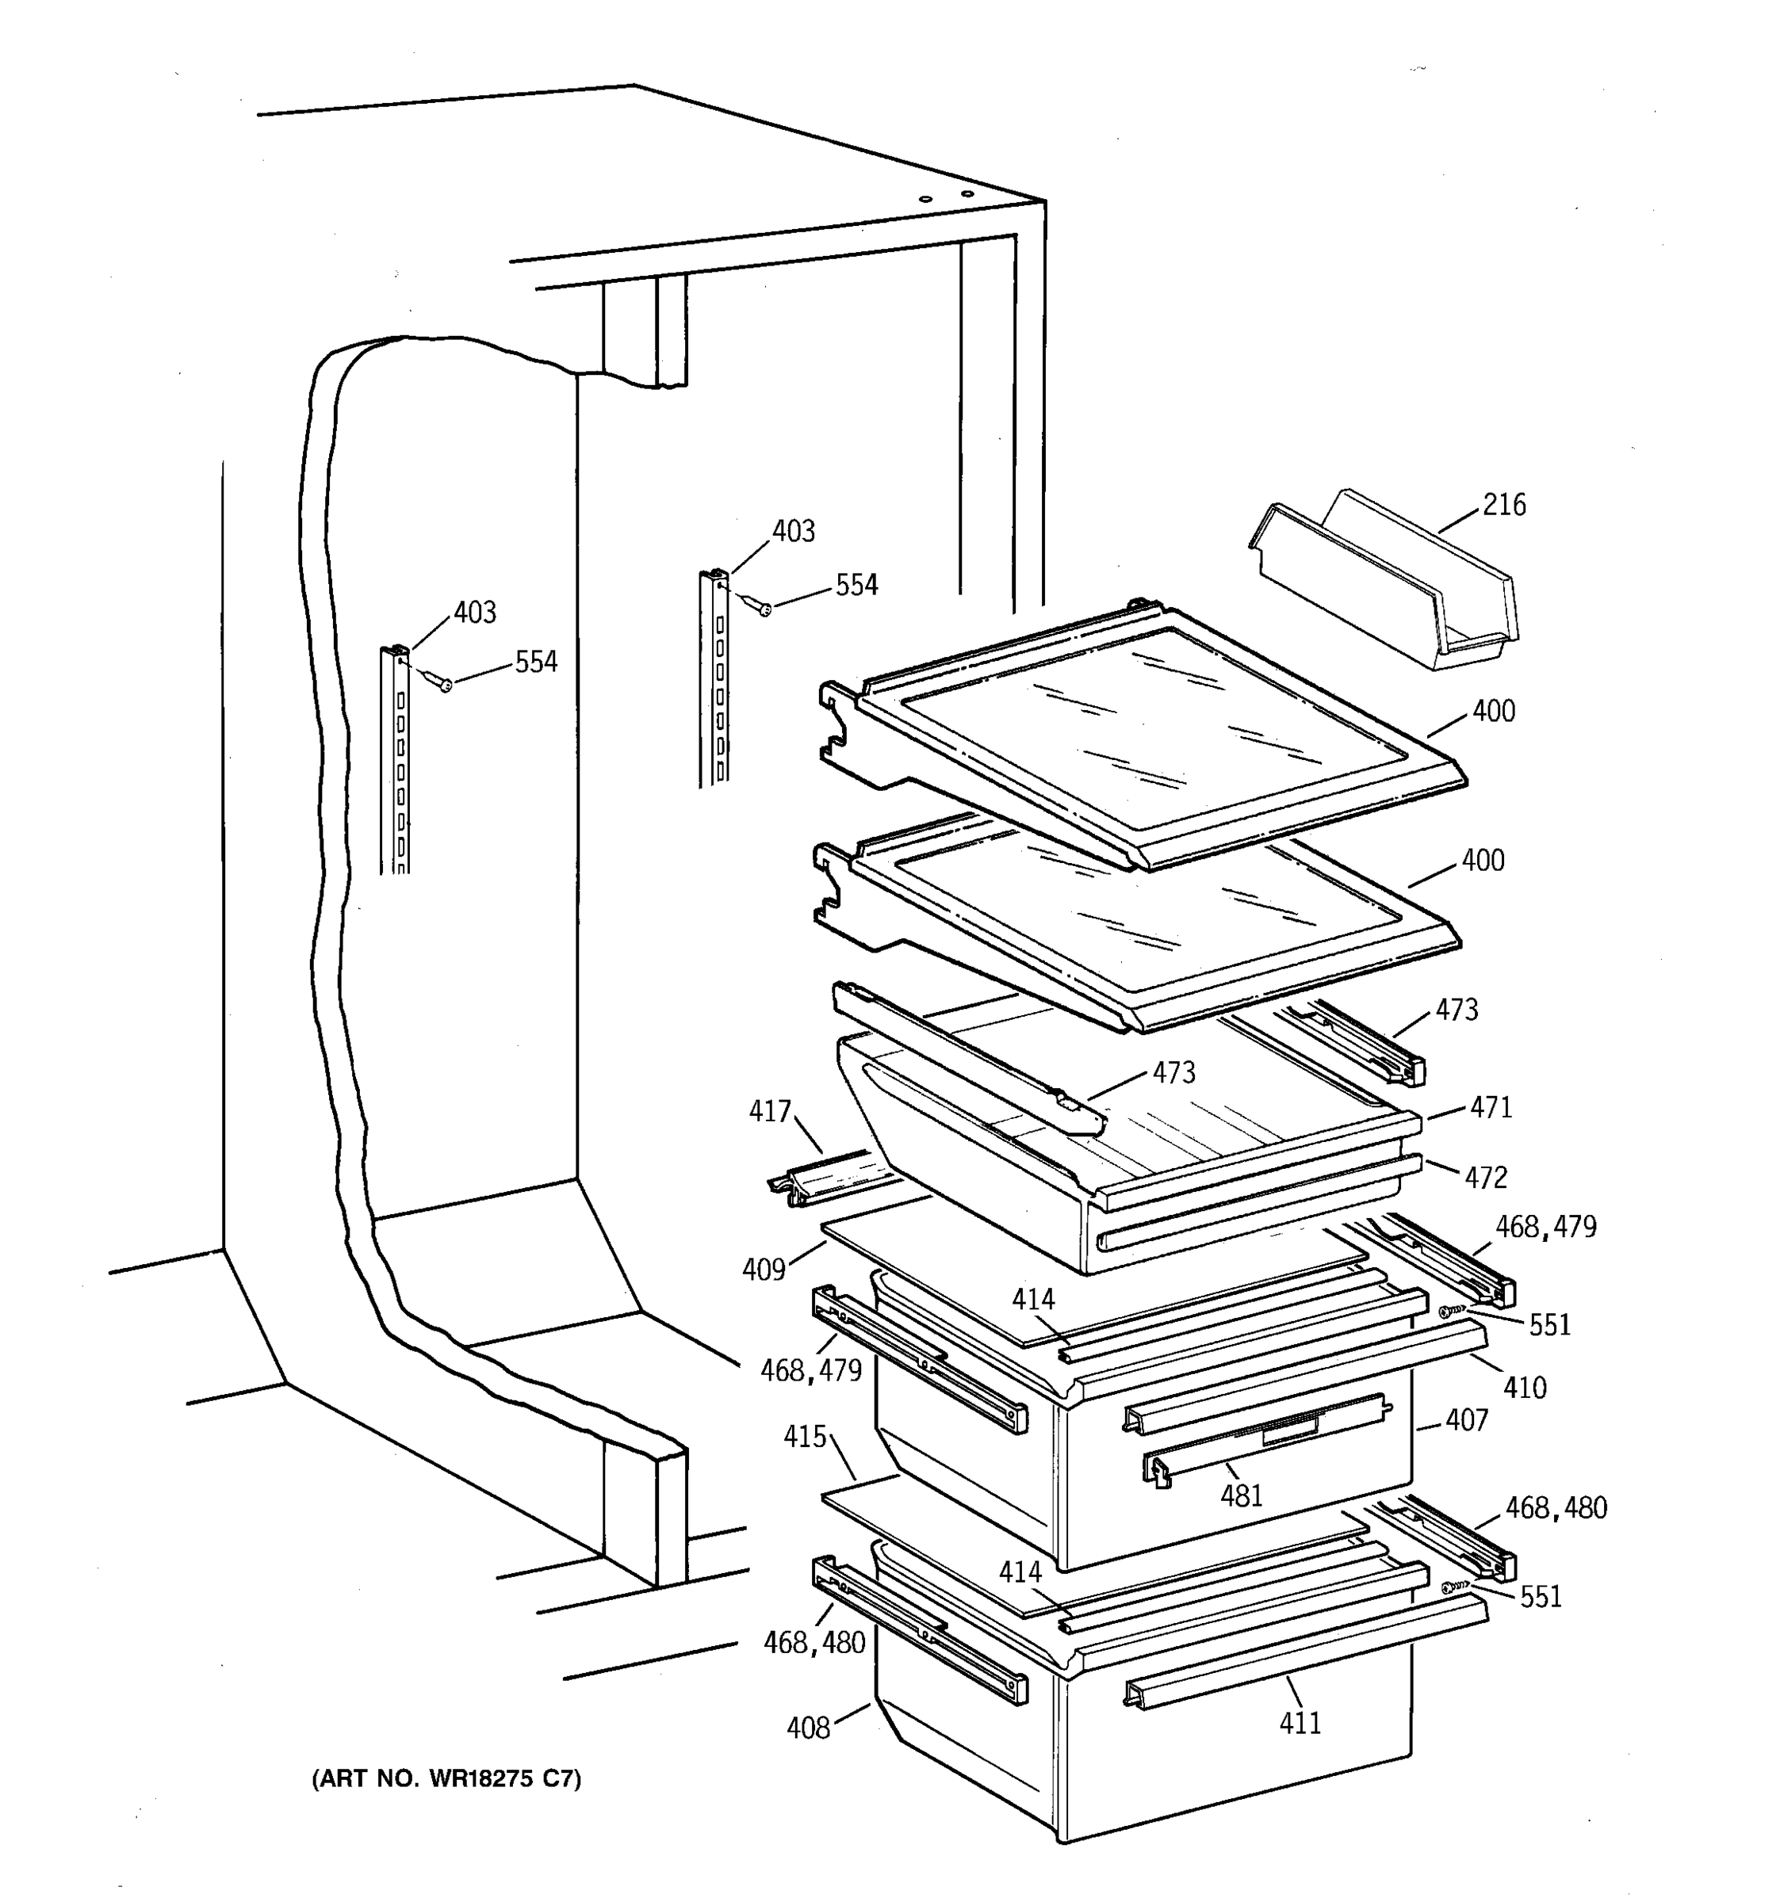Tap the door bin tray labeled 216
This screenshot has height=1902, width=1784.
pos(1383,582)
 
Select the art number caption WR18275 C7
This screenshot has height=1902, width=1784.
pos(446,1778)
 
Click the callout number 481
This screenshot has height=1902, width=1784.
pos(1242,1495)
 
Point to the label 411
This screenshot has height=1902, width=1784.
pos(1300,1723)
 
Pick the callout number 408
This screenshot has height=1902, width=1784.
pos(808,1728)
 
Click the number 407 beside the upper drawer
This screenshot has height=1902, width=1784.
pos(1466,1421)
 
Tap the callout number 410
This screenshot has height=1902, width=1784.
pos(1524,1388)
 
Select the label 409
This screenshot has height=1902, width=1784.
pos(764,1270)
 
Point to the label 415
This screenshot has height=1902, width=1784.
pos(804,1437)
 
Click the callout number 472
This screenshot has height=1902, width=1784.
pos(1485,1178)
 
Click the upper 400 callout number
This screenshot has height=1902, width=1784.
pos(1493,711)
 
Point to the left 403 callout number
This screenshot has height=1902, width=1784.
pos(475,613)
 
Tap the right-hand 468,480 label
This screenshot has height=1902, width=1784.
pos(1556,1509)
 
